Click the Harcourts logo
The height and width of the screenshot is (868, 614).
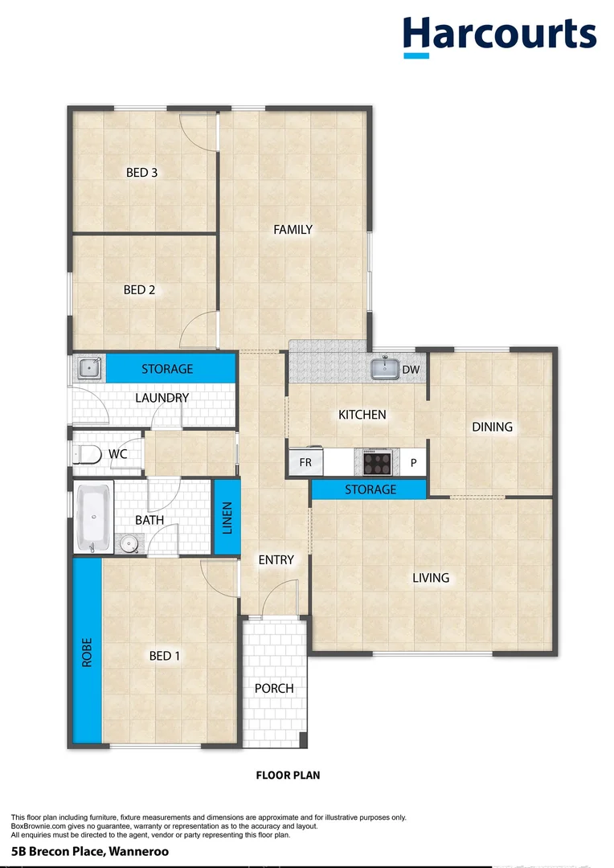tap(499, 35)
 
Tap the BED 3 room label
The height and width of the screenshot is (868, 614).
tap(142, 171)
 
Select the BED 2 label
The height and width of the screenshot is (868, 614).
tap(139, 289)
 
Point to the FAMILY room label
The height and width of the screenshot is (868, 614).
tap(293, 229)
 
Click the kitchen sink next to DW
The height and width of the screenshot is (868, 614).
tap(386, 369)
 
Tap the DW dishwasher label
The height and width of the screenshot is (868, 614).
tap(411, 370)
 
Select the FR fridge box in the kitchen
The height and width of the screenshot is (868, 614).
tap(305, 463)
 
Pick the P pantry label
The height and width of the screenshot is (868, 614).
tap(414, 463)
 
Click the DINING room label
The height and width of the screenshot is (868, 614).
tap(492, 427)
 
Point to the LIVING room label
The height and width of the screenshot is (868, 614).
tap(431, 577)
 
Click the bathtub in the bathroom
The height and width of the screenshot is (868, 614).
tap(94, 518)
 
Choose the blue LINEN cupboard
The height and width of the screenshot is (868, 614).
tap(227, 517)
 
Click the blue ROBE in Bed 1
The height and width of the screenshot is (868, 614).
tap(87, 651)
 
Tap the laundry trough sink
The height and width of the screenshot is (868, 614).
tap(88, 369)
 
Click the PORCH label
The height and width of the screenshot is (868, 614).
tap(274, 688)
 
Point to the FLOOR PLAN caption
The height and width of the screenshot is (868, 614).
tap(288, 776)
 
